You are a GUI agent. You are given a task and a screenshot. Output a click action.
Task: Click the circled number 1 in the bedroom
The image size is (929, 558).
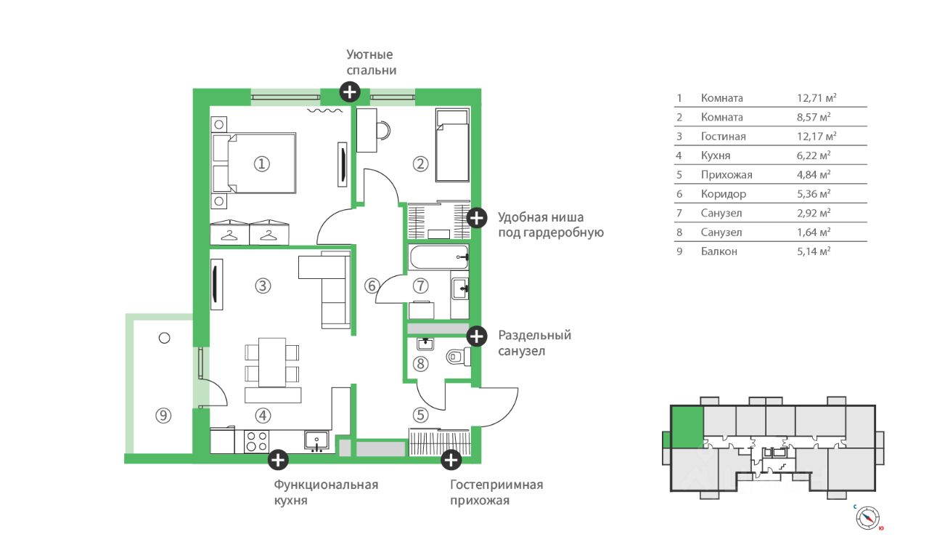click(262, 164)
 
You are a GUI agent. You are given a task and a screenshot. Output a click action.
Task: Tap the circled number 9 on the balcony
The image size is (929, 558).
click(163, 416)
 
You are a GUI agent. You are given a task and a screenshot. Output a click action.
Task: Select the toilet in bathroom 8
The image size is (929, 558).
click(458, 357)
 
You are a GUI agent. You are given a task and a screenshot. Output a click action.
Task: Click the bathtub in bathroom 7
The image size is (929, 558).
click(439, 257)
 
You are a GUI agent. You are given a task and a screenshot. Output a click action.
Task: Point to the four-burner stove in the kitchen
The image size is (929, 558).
click(256, 441)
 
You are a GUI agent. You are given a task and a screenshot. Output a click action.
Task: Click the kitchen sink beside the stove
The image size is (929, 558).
click(316, 441)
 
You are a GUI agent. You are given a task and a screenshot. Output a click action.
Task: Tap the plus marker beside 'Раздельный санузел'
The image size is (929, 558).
click(477, 336)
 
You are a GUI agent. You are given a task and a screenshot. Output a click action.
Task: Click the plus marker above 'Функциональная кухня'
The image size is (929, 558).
click(278, 460)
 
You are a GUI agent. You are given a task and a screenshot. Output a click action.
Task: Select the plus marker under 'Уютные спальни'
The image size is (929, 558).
click(350, 92)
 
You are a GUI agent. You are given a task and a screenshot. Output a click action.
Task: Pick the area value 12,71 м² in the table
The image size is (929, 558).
click(817, 98)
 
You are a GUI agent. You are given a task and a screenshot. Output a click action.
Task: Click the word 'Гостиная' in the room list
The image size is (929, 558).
click(723, 136)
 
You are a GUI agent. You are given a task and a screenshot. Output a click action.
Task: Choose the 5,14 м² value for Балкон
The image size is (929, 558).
click(814, 251)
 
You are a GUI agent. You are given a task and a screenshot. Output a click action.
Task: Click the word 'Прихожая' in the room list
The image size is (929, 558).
click(727, 175)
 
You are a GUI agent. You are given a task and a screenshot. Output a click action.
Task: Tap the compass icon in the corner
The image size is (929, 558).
click(867, 518)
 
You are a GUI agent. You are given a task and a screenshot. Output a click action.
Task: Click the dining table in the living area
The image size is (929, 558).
click(272, 363)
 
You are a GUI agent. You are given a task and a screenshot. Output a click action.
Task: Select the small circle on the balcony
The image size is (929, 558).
click(164, 339)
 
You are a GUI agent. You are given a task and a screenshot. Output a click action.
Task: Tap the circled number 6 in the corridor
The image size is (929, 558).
click(372, 286)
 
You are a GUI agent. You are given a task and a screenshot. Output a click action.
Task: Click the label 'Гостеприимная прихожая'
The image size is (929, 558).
click(496, 493)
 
